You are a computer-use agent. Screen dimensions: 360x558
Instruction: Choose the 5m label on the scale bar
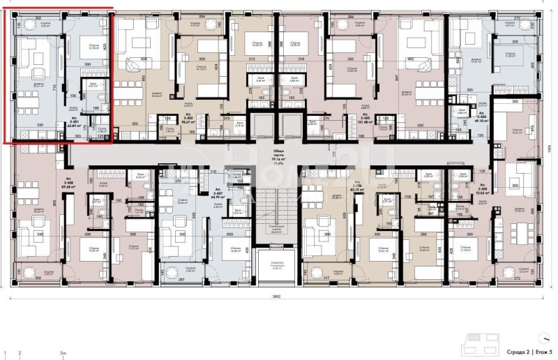coord(63,353)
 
